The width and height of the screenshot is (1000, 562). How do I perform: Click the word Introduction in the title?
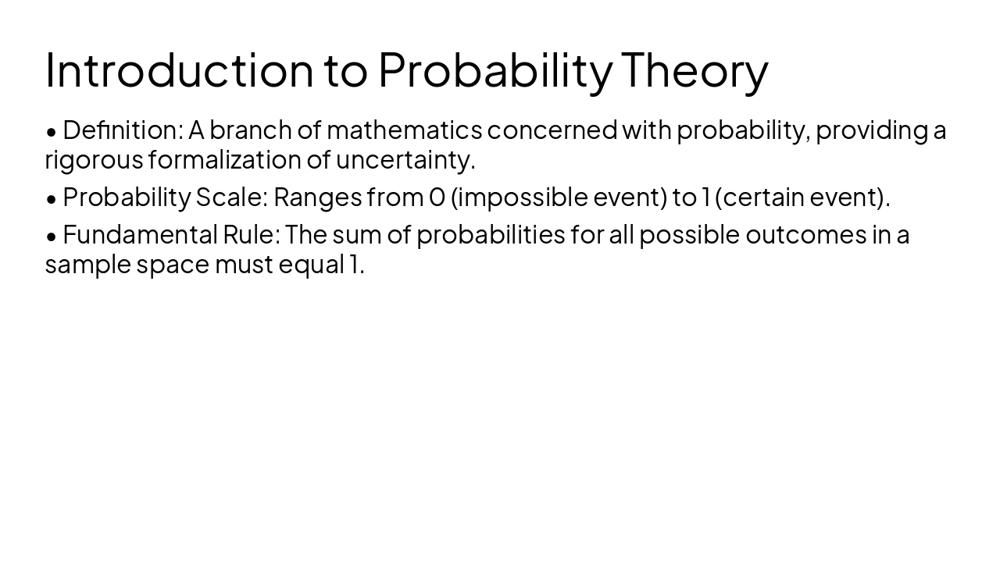pyautogui.click(x=179, y=69)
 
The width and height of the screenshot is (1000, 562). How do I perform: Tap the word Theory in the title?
pyautogui.click(x=695, y=69)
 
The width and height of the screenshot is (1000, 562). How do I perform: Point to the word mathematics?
pyautogui.click(x=404, y=130)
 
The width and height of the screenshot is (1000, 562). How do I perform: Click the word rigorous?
pyautogui.click(x=94, y=160)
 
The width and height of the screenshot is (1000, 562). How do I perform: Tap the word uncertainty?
pyautogui.click(x=405, y=160)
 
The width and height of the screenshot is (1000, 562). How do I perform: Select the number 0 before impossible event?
pyautogui.click(x=437, y=197)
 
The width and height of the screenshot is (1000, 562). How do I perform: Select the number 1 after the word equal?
pyautogui.click(x=353, y=265)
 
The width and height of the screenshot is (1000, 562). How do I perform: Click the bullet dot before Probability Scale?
pyautogui.click(x=52, y=199)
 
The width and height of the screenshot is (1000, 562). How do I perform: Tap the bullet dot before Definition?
pyautogui.click(x=52, y=131)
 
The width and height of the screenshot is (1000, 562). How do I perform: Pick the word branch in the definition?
pyautogui.click(x=250, y=130)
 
